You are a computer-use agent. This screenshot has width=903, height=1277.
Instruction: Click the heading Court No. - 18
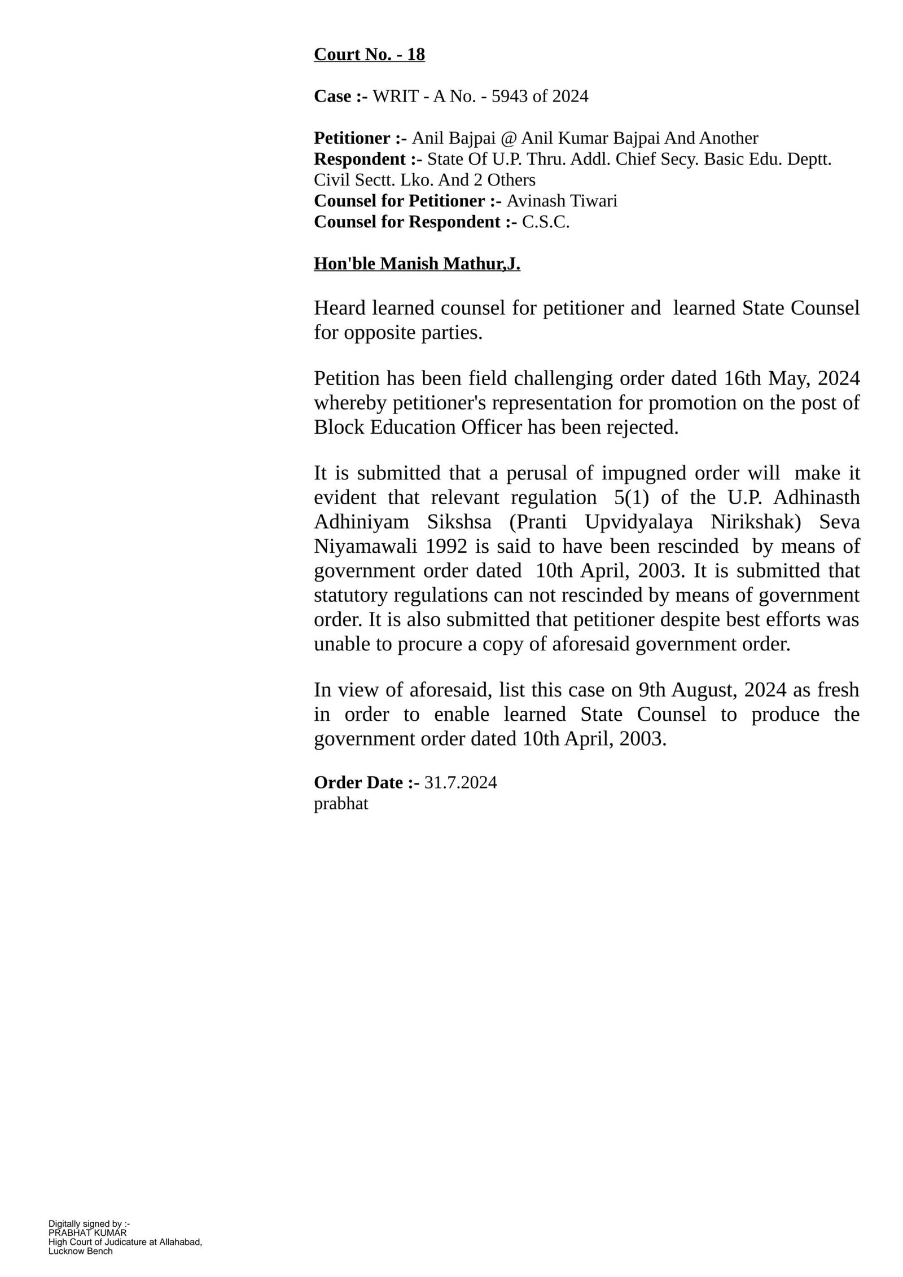point(369,55)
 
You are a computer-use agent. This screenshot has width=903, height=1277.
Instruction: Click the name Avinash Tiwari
point(562,201)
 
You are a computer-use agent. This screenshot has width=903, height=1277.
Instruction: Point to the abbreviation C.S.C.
point(546,222)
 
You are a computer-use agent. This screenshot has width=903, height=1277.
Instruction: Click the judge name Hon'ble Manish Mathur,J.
point(417,263)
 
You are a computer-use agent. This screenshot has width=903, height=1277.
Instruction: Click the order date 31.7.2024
point(461,782)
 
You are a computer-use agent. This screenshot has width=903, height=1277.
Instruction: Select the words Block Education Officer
point(418,427)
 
